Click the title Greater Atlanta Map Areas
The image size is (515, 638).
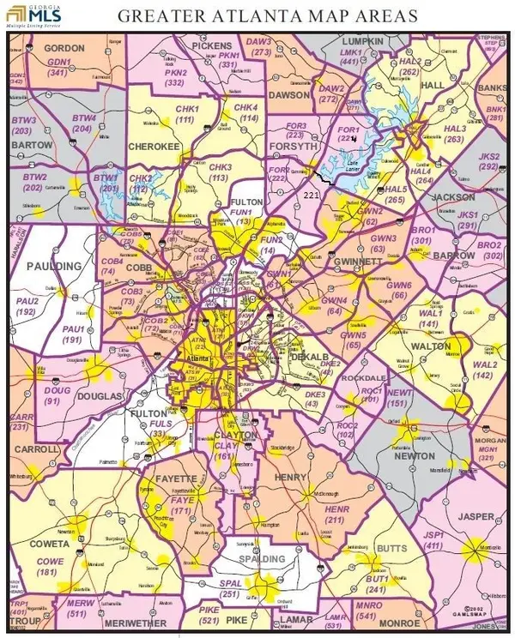coord(268,15)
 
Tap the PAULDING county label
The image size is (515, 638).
coord(52,267)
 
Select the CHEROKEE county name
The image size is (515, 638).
coord(154,147)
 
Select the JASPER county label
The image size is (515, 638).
coord(476,517)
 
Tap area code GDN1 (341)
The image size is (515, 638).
coord(58,67)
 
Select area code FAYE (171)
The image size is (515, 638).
coord(182,506)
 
